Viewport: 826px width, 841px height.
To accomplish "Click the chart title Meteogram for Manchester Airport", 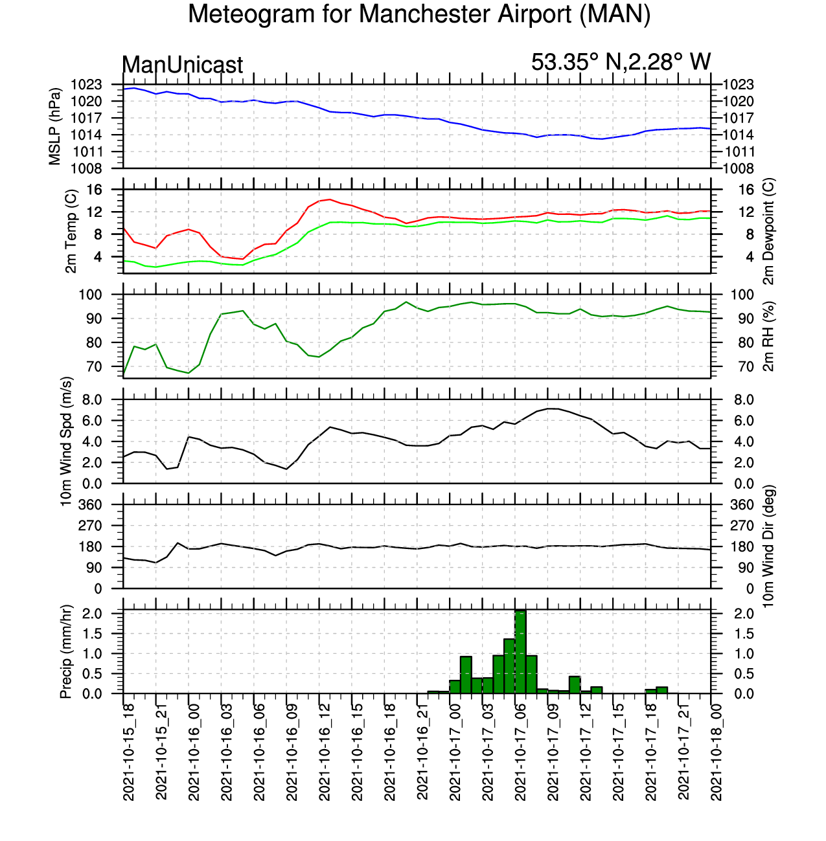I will [x=419, y=14].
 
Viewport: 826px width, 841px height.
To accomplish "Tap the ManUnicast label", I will [x=183, y=65].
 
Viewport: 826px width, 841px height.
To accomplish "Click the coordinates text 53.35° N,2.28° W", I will [x=621, y=62].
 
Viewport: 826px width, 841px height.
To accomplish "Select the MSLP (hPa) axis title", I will [x=55, y=126].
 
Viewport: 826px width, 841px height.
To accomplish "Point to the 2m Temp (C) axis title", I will [x=71, y=231].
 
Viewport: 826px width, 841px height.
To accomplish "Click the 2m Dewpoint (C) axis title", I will [x=768, y=231].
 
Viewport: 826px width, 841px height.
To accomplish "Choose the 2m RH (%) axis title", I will [x=768, y=336].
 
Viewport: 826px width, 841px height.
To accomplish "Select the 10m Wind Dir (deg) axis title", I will [x=768, y=546].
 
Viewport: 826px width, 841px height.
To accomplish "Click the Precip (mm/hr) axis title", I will [x=66, y=652].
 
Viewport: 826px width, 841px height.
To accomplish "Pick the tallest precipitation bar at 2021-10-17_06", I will [x=520, y=651].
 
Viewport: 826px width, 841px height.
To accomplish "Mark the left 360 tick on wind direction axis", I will [x=107, y=505].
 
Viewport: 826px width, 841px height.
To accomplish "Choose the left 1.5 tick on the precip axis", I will [x=109, y=634].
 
